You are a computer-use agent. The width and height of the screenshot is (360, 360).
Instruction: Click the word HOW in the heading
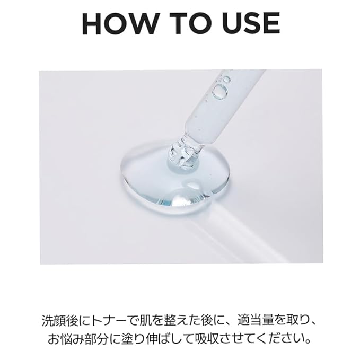point(118,23)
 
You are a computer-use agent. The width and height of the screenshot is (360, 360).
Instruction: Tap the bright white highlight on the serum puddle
point(181,199)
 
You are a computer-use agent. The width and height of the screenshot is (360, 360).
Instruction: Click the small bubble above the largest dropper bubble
point(227,80)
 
